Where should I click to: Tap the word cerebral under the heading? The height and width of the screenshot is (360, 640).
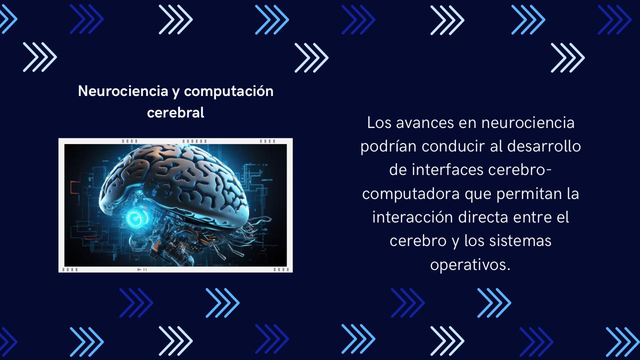[x=175, y=113]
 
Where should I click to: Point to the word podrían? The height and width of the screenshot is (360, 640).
[x=388, y=146]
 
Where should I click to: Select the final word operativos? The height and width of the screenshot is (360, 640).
[x=470, y=265]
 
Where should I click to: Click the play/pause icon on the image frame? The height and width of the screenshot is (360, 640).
[x=142, y=269]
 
